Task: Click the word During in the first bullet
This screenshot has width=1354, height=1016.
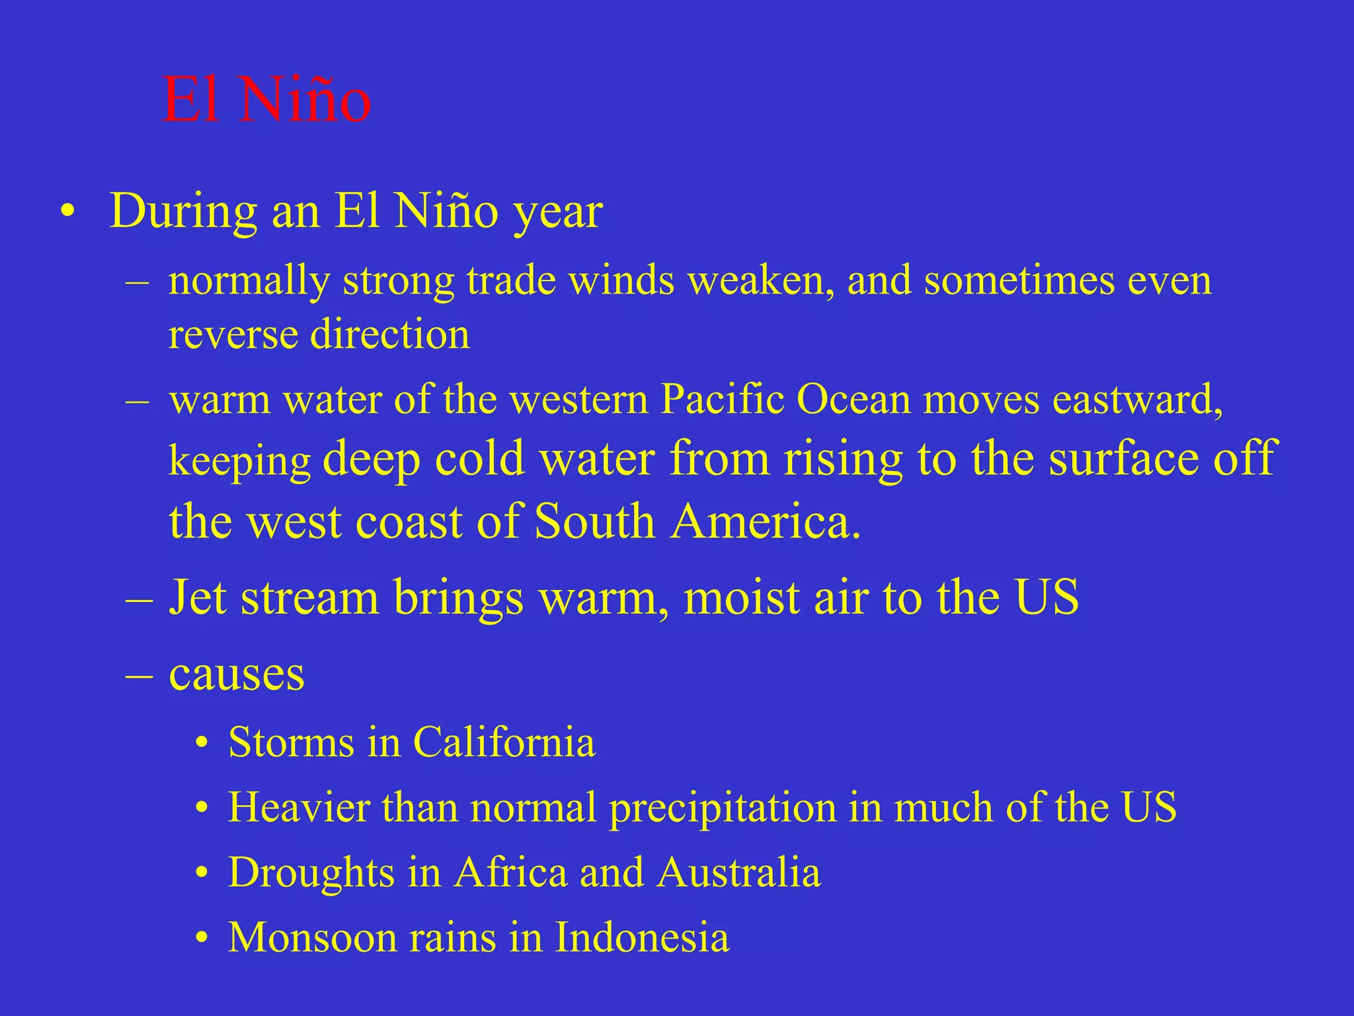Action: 182,212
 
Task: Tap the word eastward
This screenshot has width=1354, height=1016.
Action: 1136,400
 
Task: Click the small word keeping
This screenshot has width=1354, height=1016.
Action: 239,460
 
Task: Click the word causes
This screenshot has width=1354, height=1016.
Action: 237,675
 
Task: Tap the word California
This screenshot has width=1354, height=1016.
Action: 504,742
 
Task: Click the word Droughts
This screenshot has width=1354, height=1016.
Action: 311,873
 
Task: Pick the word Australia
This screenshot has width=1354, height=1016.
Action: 738,873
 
